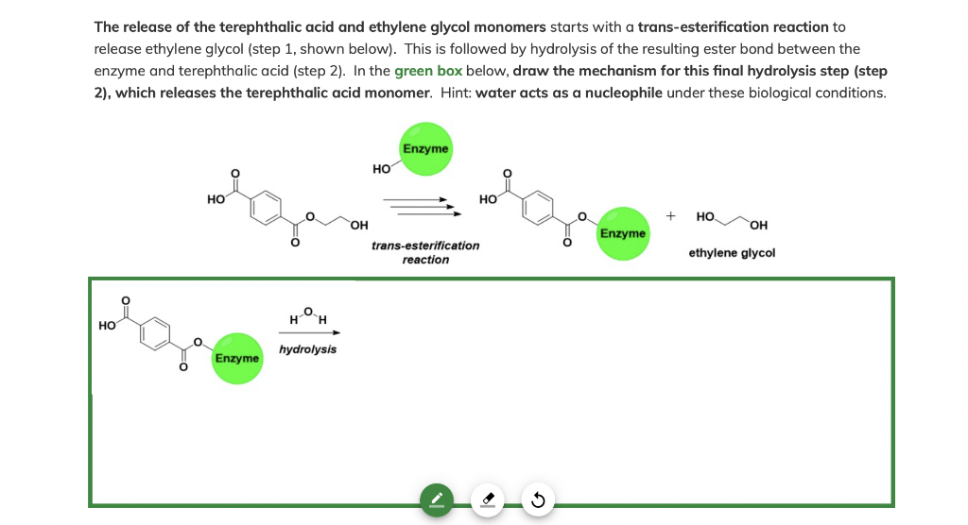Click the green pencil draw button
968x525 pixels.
(436, 499)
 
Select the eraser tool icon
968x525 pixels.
(487, 499)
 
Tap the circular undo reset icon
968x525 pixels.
(538, 499)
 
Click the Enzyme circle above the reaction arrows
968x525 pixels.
(426, 149)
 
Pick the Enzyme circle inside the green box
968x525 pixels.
(237, 358)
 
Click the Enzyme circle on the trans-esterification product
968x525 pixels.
(623, 232)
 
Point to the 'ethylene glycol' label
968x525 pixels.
(732, 253)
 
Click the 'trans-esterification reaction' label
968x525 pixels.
(425, 252)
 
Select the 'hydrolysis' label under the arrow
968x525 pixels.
(307, 349)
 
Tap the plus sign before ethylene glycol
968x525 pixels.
(670, 216)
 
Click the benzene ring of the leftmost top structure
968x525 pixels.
(268, 207)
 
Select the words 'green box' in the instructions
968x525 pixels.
(428, 72)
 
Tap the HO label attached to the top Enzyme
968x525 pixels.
(382, 170)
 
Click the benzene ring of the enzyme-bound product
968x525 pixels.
(540, 207)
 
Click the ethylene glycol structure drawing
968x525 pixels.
(734, 220)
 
